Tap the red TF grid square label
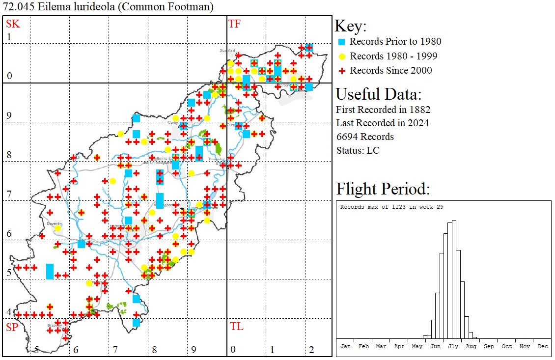coord(234,24)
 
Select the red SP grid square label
coord(12,327)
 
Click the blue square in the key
coord(342,42)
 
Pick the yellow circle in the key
coord(342,56)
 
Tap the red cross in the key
coord(342,71)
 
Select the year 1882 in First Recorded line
coord(419,109)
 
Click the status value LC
coord(373,150)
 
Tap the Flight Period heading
coord(383,189)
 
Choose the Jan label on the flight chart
coord(346,346)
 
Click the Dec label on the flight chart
coord(543,346)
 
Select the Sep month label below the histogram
coord(489,346)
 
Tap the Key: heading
coord(351,26)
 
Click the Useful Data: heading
coord(378,94)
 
